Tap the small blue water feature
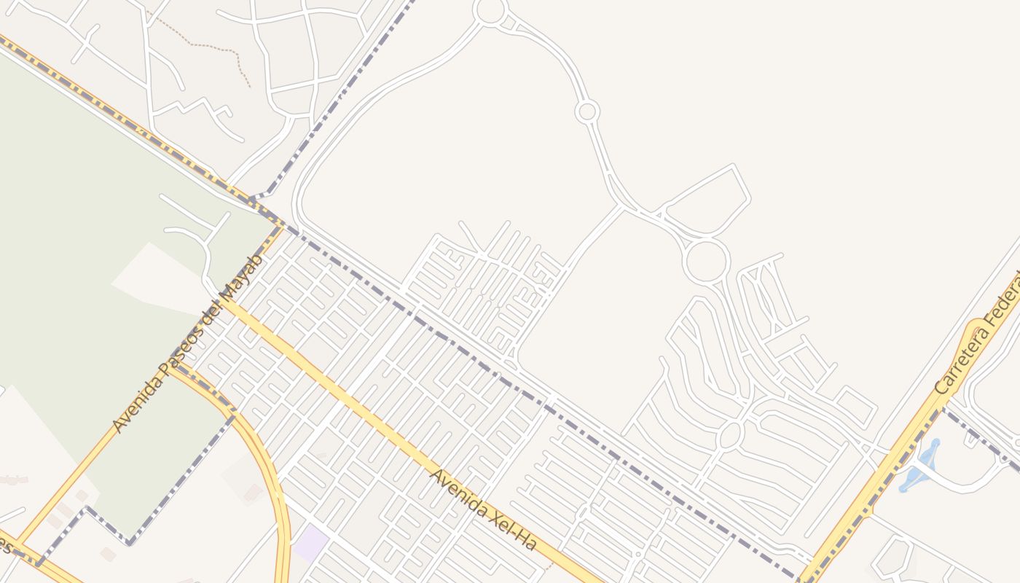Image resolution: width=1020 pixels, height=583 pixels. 919,466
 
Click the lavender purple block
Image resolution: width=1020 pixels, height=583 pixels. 311,544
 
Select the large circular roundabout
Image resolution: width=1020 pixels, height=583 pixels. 706,261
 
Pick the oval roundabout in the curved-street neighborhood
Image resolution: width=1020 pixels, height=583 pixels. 730,435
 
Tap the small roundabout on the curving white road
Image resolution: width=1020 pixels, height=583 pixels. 586,112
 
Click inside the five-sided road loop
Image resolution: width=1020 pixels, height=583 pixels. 707,200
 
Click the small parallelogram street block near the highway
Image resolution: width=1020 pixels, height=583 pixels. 855,405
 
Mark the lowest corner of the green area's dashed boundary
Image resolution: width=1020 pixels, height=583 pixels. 130,543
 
